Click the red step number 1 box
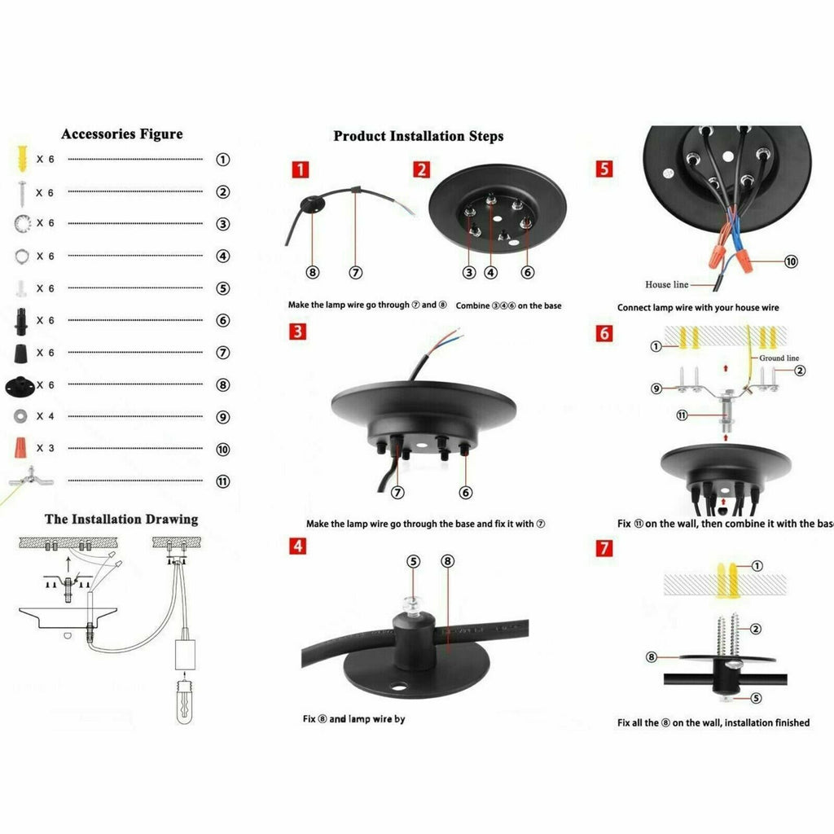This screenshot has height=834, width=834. [301, 169]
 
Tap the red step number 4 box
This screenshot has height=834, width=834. [301, 546]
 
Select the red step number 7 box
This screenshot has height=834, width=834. [603, 547]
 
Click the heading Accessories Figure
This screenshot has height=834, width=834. [122, 134]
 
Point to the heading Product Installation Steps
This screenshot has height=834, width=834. [418, 136]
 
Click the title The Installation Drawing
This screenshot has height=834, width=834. [121, 519]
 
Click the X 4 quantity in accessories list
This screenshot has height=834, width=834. [45, 416]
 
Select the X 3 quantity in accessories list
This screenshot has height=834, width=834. [45, 448]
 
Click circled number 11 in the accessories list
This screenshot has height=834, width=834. [222, 481]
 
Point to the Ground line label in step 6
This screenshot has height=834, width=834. [779, 358]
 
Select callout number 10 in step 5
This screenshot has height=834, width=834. [791, 261]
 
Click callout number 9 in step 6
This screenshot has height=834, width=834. [656, 388]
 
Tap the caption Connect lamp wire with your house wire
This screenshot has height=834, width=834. [697, 308]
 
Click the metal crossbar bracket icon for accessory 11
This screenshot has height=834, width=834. [22, 479]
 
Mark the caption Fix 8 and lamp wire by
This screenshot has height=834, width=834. [353, 719]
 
